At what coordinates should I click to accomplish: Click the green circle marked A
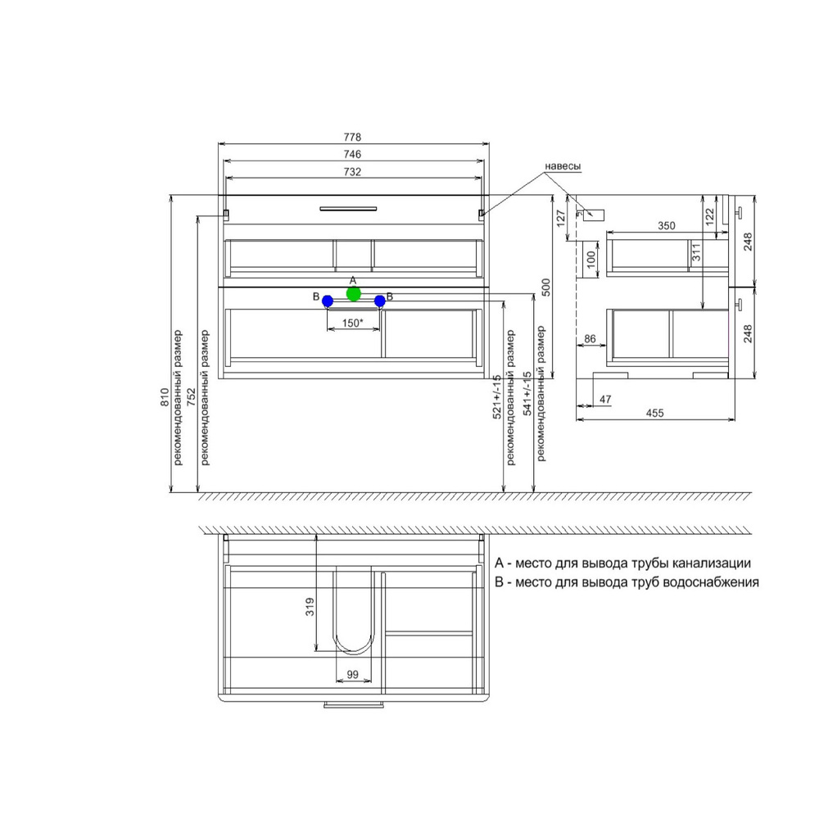click(x=354, y=294)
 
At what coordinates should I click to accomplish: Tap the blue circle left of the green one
click(x=328, y=301)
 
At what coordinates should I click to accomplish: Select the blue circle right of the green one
click(x=380, y=301)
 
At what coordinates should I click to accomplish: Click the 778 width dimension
click(x=352, y=137)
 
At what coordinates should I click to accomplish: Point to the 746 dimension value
click(x=352, y=154)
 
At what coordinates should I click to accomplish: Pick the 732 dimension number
click(x=352, y=172)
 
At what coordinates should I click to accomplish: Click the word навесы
click(x=563, y=166)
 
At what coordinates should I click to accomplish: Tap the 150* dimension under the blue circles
click(x=352, y=323)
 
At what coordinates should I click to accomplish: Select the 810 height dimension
click(x=165, y=397)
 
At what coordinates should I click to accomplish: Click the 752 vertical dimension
click(x=192, y=396)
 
